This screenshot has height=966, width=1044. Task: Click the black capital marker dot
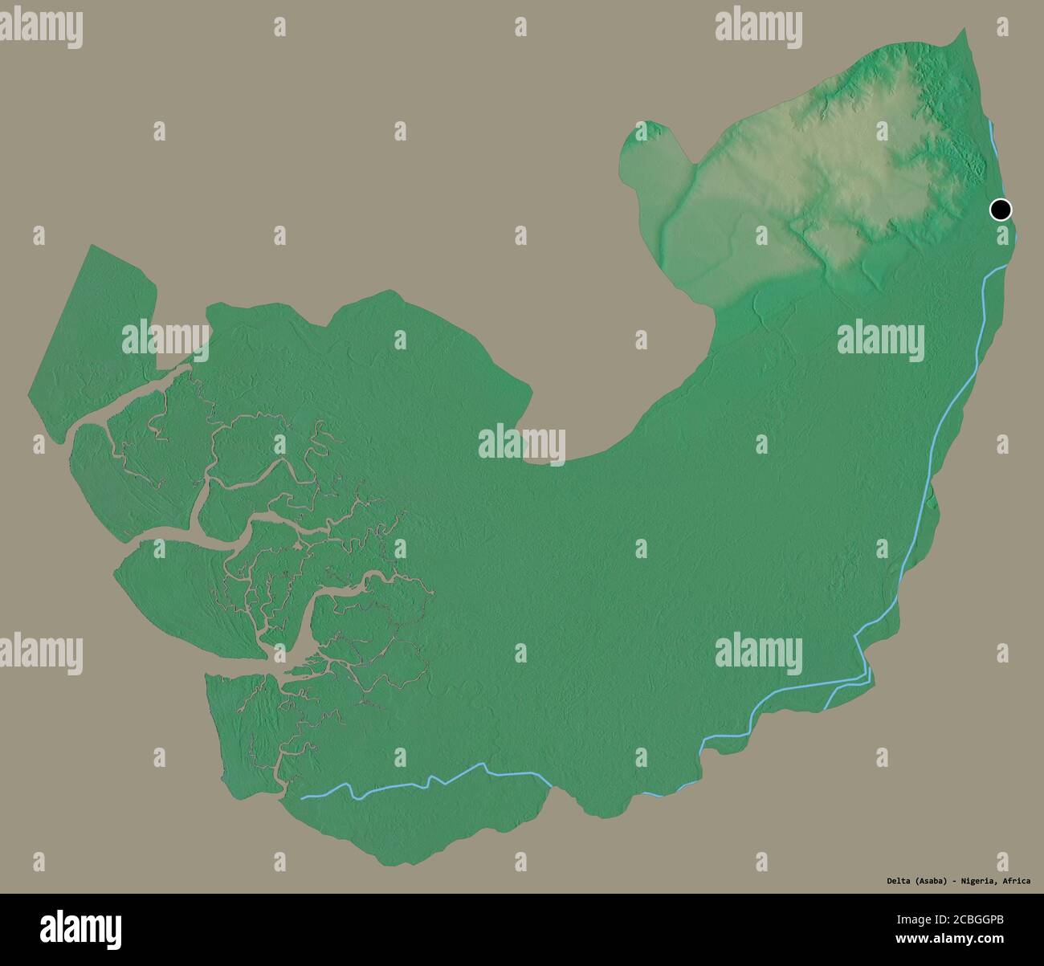(1000, 210)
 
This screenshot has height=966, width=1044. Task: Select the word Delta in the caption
(888, 881)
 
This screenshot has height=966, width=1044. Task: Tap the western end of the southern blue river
(304, 797)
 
